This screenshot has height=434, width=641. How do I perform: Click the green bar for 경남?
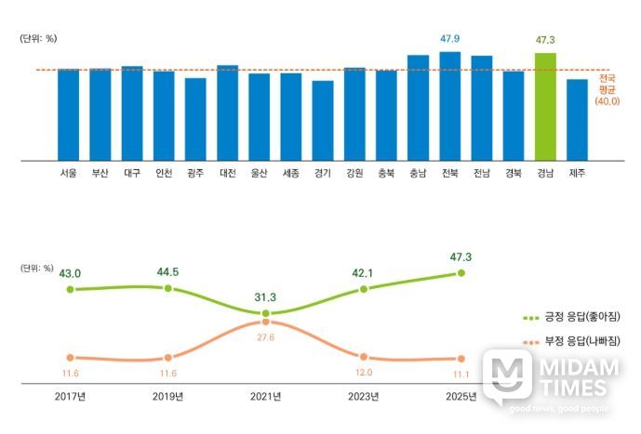[545, 106]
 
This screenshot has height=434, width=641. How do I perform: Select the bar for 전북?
[450, 106]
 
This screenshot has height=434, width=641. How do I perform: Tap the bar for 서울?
[68, 114]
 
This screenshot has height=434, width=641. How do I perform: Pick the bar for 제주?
[577, 119]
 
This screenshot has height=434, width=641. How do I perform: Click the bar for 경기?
[323, 120]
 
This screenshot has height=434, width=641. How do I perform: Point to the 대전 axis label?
[227, 173]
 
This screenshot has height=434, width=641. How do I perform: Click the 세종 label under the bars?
[290, 173]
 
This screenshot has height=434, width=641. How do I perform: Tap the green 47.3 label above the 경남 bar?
[546, 40]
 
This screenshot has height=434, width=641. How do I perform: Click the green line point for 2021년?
[266, 314]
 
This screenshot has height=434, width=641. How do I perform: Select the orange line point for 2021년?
[266, 322]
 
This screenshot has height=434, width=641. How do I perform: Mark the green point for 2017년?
[70, 290]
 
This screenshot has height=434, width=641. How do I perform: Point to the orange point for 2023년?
[364, 357]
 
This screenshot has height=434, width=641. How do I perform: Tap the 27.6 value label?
[266, 337]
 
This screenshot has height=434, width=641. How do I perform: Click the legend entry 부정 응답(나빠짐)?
[570, 341]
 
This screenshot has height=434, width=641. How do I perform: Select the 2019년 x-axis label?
[168, 397]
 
